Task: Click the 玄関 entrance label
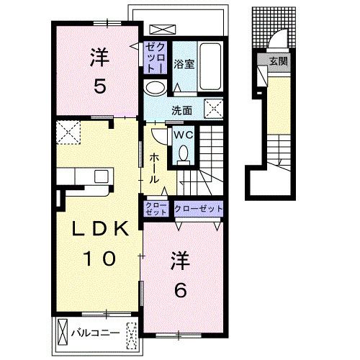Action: click(x=278, y=61)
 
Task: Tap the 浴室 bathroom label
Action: click(x=184, y=64)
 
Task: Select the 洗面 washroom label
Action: click(x=181, y=111)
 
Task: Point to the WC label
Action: click(x=184, y=135)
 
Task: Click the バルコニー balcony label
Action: click(x=96, y=333)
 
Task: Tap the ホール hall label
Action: click(x=154, y=168)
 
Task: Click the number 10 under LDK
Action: click(x=99, y=258)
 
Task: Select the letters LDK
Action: click(x=100, y=229)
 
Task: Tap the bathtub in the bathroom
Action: click(x=210, y=67)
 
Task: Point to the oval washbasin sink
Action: click(x=156, y=88)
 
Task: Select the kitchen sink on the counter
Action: click(x=102, y=176)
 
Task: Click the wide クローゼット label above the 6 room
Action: click(x=199, y=209)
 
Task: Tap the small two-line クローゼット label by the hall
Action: click(x=156, y=209)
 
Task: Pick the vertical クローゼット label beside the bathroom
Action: click(x=156, y=58)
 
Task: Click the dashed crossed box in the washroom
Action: click(x=213, y=109)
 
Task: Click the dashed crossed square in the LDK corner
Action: click(x=68, y=132)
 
